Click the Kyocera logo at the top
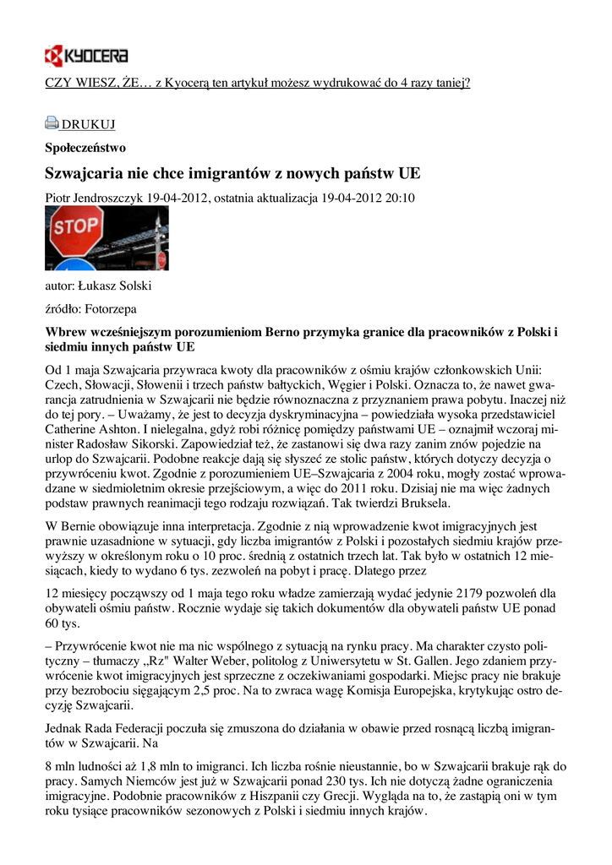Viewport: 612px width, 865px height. click(86, 57)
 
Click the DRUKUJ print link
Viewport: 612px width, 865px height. click(88, 125)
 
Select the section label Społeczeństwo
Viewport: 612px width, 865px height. click(85, 148)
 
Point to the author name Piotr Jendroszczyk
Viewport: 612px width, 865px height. click(94, 198)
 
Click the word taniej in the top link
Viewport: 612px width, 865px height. click(447, 83)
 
